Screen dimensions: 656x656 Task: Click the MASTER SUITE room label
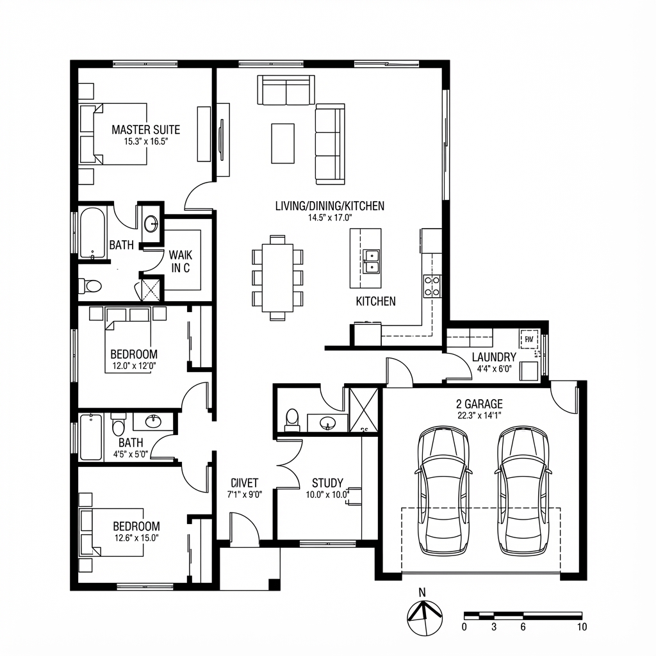pyautogui.click(x=145, y=130)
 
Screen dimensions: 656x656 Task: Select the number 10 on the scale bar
pyautogui.click(x=581, y=627)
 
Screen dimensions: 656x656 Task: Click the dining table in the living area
pyautogui.click(x=277, y=277)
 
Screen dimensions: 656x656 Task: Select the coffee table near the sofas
pyautogui.click(x=283, y=143)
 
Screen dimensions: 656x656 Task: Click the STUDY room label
pyautogui.click(x=327, y=483)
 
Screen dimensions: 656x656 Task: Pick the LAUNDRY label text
pyautogui.click(x=494, y=357)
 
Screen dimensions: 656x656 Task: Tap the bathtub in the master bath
pyautogui.click(x=92, y=233)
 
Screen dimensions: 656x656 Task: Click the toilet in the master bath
pyautogui.click(x=90, y=286)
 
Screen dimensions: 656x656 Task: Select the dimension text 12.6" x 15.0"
pyautogui.click(x=136, y=539)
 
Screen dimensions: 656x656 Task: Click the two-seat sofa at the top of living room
pyautogui.click(x=286, y=90)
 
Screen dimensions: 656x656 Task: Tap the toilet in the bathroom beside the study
pyautogui.click(x=292, y=418)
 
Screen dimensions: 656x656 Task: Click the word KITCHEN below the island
pyautogui.click(x=375, y=301)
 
